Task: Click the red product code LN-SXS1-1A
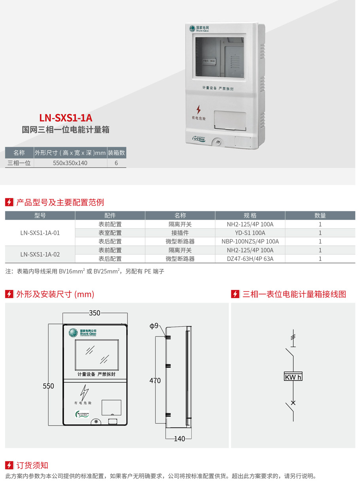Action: point(66,118)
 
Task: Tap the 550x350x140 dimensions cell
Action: point(70,163)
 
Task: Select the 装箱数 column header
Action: point(116,153)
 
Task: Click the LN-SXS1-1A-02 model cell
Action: point(40,254)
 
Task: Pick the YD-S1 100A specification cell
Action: point(250,233)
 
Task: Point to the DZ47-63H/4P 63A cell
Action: point(250,259)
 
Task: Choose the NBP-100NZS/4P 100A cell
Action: point(250,242)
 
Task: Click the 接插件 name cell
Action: point(180,233)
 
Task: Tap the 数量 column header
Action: point(320,215)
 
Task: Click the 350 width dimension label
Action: point(95,313)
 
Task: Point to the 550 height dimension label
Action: point(48,386)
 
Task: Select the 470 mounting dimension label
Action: point(155,380)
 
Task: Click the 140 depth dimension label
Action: point(180,439)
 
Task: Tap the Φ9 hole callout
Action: point(154,326)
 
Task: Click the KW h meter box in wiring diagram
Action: point(293,376)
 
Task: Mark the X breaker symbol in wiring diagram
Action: point(293,403)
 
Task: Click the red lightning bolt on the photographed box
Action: point(199,110)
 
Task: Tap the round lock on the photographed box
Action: point(218,142)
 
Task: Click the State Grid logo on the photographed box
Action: point(192,28)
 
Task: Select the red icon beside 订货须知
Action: point(9,465)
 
